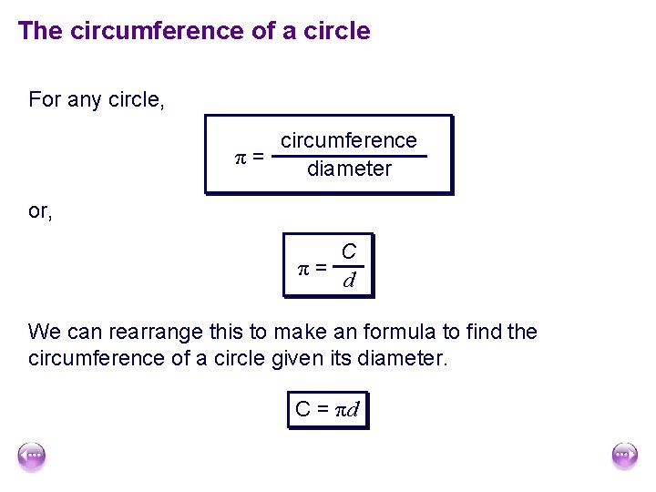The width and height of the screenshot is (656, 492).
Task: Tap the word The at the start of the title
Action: click(38, 31)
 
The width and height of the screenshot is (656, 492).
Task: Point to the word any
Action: click(86, 99)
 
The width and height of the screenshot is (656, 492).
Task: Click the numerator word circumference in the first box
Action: click(348, 140)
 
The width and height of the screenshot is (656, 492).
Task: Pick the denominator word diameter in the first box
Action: click(349, 169)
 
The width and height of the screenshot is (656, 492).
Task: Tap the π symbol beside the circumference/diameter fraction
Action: click(240, 157)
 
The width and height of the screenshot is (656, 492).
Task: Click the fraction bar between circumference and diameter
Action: click(349, 156)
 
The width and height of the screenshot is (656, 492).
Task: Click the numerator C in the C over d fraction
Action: click(348, 252)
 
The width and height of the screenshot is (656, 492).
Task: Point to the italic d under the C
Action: click(348, 280)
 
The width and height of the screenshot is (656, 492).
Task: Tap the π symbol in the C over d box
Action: click(305, 268)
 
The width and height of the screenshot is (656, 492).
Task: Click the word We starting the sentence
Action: click(45, 332)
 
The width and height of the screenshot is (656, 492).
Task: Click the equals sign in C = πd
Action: click(323, 409)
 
